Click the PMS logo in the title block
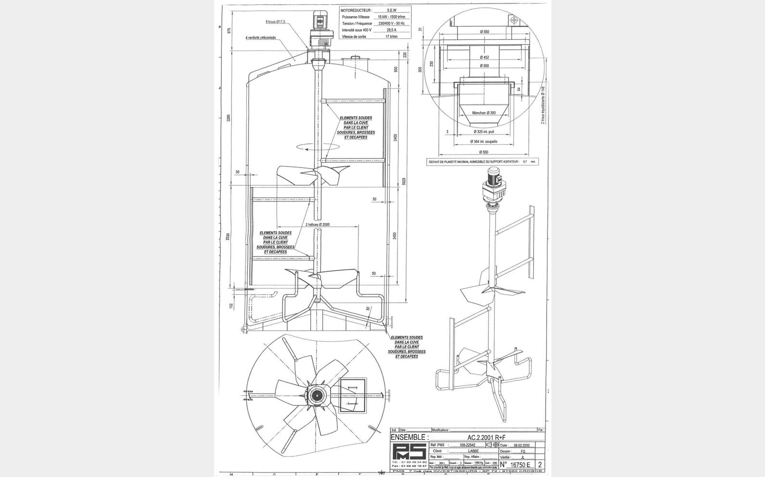(x=409, y=453)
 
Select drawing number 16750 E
(x=519, y=464)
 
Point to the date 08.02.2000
(x=522, y=446)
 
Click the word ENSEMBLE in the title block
(x=409, y=437)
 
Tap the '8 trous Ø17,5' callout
(x=275, y=22)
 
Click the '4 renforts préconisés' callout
(x=260, y=38)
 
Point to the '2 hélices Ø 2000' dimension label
(x=318, y=225)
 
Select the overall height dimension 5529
(x=404, y=181)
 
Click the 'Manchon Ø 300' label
(x=484, y=113)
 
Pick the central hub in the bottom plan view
(x=317, y=395)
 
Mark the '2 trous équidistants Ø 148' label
(x=543, y=105)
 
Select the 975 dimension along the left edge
(x=229, y=30)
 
